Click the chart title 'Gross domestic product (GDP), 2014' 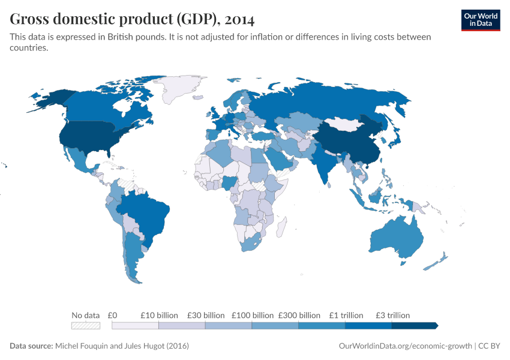point(132,19)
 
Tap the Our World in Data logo point(480,19)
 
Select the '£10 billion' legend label point(159,315)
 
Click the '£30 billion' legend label point(205,315)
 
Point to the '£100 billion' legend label point(252,315)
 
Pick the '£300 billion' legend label point(299,315)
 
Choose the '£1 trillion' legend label point(346,315)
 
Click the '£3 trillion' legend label point(392,315)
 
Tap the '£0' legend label point(112,315)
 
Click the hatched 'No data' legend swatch point(85,325)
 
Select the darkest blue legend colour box point(414,325)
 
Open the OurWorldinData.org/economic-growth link point(406,346)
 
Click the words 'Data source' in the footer point(31,346)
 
